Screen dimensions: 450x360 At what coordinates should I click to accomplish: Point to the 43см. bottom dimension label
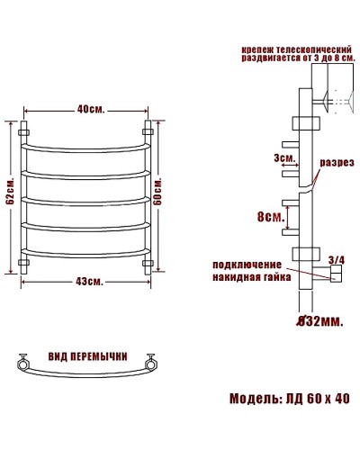pyautogui.click(x=88, y=282)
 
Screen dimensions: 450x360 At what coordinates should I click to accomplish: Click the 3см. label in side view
pyautogui.click(x=284, y=158)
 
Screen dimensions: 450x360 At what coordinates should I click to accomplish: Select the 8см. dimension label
pyautogui.click(x=270, y=217)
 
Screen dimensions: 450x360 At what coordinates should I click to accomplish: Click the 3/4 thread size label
pyautogui.click(x=337, y=260)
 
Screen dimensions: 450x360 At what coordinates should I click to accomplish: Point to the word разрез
pyautogui.click(x=334, y=162)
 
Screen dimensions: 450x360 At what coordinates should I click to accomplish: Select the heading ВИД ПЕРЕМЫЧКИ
pyautogui.click(x=86, y=355)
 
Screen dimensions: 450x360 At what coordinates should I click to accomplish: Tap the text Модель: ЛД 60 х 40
pyautogui.click(x=289, y=399)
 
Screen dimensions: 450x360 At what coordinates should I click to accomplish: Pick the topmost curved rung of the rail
pyautogui.click(x=86, y=147)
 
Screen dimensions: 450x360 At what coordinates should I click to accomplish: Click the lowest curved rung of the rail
pyautogui.click(x=86, y=251)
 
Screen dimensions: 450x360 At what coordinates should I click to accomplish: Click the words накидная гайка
pyautogui.click(x=252, y=277)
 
